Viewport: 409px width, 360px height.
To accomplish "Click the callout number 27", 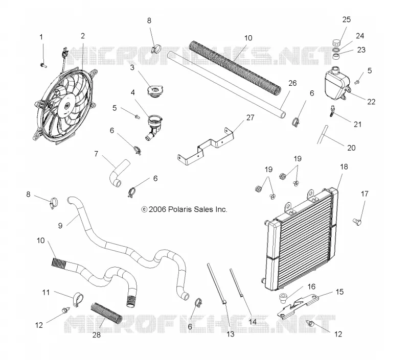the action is point(250,118).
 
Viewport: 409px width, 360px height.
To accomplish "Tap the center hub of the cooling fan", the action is point(66,106).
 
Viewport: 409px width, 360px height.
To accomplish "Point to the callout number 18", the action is point(344,166).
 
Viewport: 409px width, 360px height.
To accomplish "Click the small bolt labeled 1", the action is point(43,65).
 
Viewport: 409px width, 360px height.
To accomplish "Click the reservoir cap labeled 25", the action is point(337,42).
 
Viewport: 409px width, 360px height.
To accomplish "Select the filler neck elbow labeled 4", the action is point(154,127).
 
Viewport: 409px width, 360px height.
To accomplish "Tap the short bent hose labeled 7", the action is point(119,173).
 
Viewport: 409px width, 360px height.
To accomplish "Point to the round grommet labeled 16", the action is point(283,298).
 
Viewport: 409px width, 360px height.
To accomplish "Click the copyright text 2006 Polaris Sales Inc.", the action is point(184,209).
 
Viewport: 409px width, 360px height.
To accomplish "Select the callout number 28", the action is point(97,335).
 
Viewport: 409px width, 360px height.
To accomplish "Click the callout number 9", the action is point(60,226).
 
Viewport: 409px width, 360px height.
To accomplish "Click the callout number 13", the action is point(231,334).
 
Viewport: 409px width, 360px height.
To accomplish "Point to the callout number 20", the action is point(351,148).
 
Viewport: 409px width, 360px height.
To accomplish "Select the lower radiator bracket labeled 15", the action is point(298,305).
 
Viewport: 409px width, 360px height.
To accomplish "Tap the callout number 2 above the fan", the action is point(83,36).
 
